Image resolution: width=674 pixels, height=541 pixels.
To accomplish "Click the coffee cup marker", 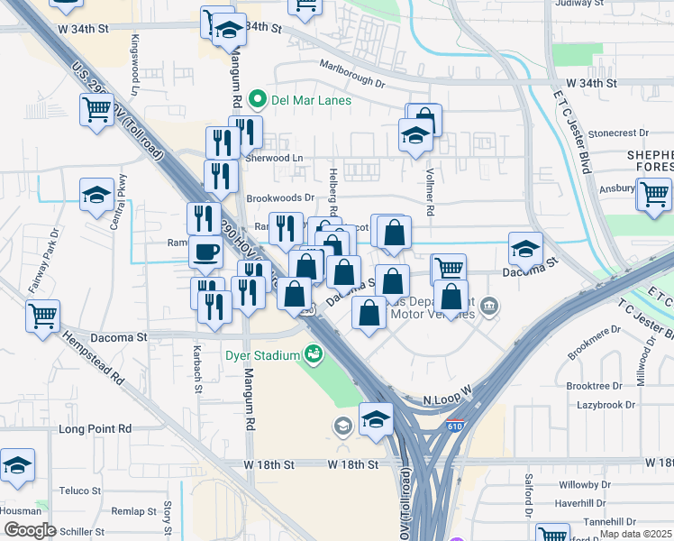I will tap(205, 252).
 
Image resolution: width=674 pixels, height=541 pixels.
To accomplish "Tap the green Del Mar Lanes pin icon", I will tap(257, 100).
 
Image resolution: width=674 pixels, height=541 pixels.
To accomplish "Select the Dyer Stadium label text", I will tap(261, 355).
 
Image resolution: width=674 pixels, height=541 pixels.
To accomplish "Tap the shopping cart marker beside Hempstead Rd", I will tap(42, 316).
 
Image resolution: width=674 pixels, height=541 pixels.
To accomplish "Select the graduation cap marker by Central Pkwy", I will tap(96, 195).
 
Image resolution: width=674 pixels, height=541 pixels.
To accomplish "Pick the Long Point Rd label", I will tap(95, 428).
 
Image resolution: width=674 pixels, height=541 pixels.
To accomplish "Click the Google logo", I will tap(30, 529).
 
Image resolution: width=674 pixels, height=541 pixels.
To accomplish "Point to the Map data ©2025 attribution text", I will tap(635, 534).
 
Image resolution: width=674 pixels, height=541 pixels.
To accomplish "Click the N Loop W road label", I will tap(448, 395).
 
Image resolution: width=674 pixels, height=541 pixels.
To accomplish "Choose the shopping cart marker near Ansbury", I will tap(653, 192).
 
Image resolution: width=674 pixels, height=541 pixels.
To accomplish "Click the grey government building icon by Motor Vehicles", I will tap(489, 306).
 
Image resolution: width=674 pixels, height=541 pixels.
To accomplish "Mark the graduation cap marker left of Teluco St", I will tap(17, 465).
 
